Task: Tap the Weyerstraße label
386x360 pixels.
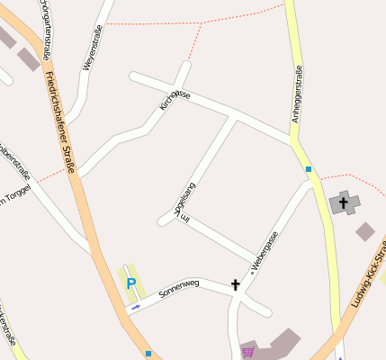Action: click(92, 47)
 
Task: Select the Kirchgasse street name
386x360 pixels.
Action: click(175, 100)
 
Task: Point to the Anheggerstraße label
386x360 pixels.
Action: click(298, 95)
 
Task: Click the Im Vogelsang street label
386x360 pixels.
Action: click(183, 202)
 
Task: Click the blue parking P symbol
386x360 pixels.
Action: click(131, 284)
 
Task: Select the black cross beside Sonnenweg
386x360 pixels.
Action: click(236, 284)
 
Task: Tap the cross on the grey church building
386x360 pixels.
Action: click(343, 203)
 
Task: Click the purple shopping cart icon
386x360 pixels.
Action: click(248, 352)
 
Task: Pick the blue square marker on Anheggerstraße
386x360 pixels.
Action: click(308, 168)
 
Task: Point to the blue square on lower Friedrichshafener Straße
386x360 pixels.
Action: click(148, 354)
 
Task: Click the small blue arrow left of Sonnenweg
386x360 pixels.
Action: click(135, 307)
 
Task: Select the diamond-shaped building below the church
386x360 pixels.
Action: click(364, 231)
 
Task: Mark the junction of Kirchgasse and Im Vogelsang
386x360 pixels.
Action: click(235, 117)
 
